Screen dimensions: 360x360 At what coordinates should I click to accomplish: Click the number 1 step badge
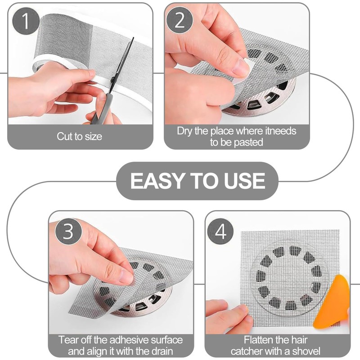tap(26, 21)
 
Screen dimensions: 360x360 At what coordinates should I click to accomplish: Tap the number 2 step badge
tap(180, 20)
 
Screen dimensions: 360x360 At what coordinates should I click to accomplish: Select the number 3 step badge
tap(68, 231)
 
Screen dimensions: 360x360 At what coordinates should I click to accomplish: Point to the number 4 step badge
tap(220, 231)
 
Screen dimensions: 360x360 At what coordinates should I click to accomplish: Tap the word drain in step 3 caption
tap(162, 351)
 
